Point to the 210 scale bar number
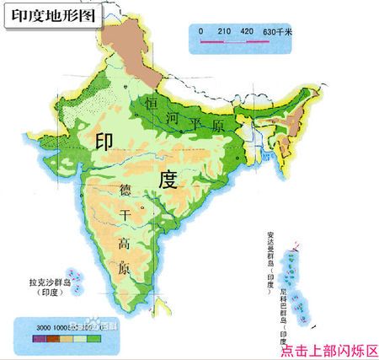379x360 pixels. (x=224, y=31)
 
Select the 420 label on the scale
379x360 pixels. (x=247, y=31)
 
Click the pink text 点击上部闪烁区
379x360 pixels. (x=327, y=351)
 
